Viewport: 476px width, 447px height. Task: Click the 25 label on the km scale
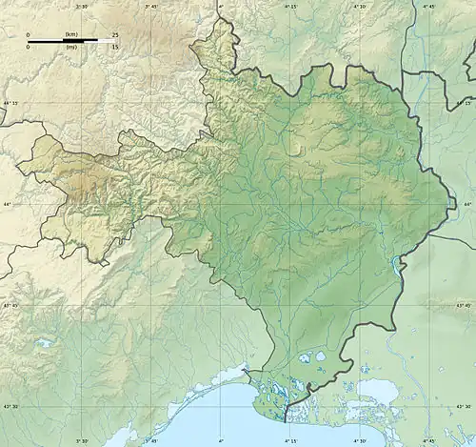[x=114, y=35]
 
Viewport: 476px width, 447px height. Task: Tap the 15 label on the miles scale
[x=114, y=47]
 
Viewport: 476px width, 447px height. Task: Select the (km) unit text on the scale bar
[x=70, y=35]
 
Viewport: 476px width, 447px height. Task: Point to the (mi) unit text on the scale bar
[x=70, y=47]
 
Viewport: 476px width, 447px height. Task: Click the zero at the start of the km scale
[x=29, y=35]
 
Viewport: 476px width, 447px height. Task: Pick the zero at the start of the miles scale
[x=29, y=47]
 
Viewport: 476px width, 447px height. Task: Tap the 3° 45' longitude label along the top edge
[x=150, y=6]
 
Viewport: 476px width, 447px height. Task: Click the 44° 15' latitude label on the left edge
[x=10, y=103]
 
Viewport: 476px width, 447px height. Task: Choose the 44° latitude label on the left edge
[x=7, y=204]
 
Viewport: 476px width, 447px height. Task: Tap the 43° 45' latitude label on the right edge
[x=465, y=305]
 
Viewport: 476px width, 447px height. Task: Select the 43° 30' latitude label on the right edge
[x=465, y=406]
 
